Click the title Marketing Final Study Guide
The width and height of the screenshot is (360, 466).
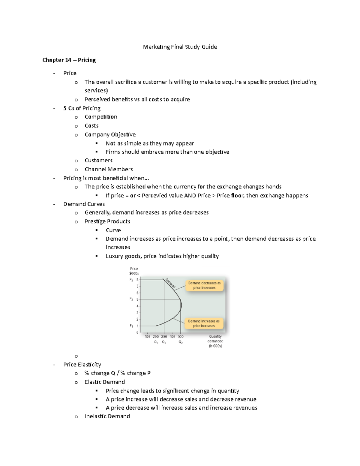tap(180, 47)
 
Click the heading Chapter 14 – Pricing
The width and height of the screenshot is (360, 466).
tap(69, 60)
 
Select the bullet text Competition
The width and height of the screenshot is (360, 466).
tap(101, 117)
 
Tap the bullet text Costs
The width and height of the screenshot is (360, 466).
tap(91, 126)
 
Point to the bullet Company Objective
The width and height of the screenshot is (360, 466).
tap(110, 134)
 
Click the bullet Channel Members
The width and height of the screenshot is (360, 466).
tap(109, 169)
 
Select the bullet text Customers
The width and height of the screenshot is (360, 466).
tap(98, 161)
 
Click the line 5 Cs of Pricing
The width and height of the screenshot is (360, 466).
tap(82, 108)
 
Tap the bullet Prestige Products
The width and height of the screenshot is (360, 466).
tap(107, 221)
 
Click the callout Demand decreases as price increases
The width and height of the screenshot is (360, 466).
tap(204, 285)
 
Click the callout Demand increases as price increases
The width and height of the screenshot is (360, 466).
tap(204, 323)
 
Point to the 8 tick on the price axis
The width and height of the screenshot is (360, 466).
tap(137, 280)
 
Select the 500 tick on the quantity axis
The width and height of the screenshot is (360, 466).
tap(181, 337)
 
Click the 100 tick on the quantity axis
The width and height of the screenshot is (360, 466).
tap(148, 337)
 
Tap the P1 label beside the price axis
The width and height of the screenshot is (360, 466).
tap(131, 326)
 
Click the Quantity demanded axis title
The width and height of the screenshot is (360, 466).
tap(215, 341)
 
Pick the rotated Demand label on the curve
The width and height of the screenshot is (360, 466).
tap(170, 283)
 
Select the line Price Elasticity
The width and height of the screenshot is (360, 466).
tap(82, 365)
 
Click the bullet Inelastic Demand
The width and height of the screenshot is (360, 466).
tap(107, 416)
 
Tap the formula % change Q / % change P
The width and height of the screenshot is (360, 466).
tap(118, 373)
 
